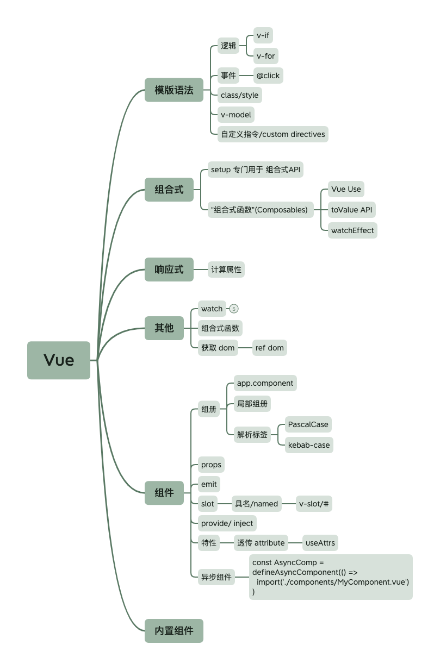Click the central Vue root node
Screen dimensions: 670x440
(59, 360)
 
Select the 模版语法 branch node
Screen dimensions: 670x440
(173, 90)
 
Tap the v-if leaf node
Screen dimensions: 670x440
(263, 36)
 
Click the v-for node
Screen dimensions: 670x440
(265, 56)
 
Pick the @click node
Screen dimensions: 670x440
(268, 76)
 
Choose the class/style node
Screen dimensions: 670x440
(239, 95)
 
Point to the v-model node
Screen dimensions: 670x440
(236, 115)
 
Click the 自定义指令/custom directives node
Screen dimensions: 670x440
(272, 134)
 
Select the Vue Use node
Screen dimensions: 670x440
(346, 189)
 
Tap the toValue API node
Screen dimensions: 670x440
(351, 210)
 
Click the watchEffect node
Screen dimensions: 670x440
(352, 230)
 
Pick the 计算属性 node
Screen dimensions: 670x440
(226, 270)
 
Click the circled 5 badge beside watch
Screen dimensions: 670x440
(234, 309)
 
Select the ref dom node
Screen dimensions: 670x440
(269, 348)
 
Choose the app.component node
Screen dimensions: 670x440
(265, 383)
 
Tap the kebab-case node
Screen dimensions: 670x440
(309, 445)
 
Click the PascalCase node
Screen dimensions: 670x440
(308, 424)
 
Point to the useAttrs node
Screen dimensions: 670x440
(320, 542)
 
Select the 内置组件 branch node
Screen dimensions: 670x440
(173, 631)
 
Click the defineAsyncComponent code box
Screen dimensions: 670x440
(331, 577)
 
